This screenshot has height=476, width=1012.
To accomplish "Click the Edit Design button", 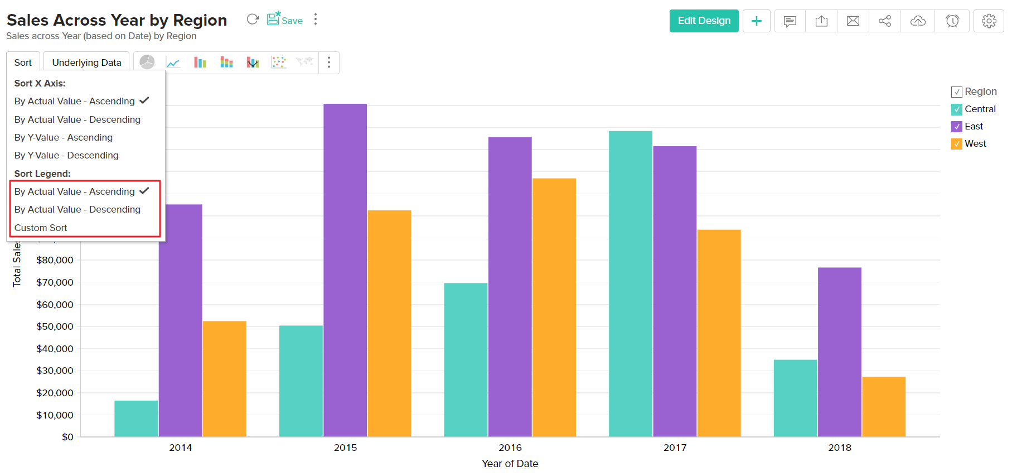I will pos(704,21).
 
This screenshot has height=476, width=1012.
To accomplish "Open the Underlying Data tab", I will pos(86,62).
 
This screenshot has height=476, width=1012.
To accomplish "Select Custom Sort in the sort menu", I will pos(41,228).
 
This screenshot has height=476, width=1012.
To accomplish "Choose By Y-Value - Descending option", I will pos(66,155).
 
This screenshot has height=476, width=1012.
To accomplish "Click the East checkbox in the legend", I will pos(957,127).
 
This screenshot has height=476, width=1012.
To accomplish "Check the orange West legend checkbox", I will pos(957,144).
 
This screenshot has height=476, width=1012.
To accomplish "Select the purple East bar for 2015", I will pos(345,268).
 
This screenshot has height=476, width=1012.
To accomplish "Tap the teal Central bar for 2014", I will pos(136,419).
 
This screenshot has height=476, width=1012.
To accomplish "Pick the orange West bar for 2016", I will pos(554,307).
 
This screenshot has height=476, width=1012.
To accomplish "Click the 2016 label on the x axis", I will pos(510,448).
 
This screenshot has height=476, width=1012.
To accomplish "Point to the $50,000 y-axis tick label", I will pos(55,326).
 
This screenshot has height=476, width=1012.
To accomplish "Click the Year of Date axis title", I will pos(510,464).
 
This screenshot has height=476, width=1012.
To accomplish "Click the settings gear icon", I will pos(989,21).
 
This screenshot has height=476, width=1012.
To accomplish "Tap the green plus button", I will pos(756,21).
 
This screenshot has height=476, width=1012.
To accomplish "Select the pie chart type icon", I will pos(147,62).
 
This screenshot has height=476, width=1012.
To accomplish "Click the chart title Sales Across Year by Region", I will pos(117,20).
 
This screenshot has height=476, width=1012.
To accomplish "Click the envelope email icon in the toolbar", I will pos(853,21).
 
